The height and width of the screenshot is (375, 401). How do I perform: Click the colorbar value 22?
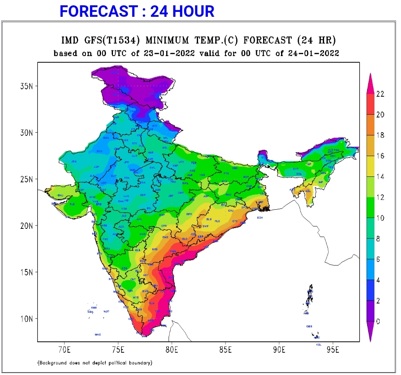tap(380, 94)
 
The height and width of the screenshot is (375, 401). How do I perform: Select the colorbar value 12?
tap(380, 197)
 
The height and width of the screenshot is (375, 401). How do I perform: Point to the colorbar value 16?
tap(380, 156)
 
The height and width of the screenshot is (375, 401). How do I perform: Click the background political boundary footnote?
tap(95, 363)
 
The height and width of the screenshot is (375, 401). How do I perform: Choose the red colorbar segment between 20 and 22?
tap(370, 104)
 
